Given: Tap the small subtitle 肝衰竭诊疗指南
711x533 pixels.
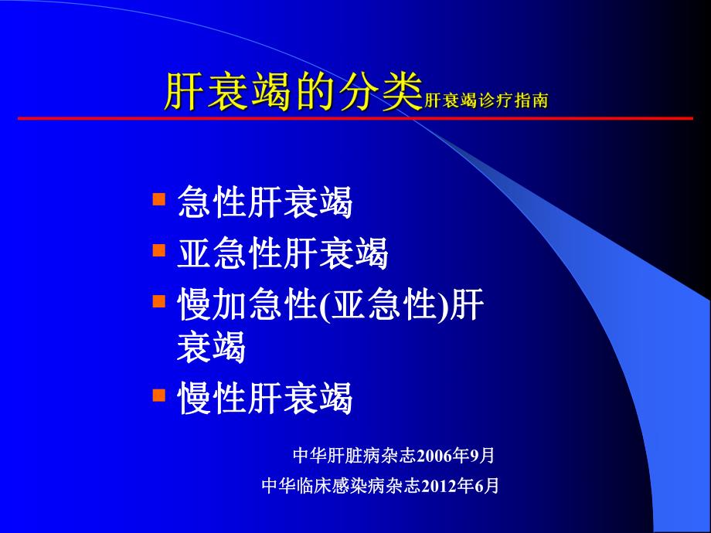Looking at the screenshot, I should [487, 100].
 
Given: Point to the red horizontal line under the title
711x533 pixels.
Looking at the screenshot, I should [355, 118].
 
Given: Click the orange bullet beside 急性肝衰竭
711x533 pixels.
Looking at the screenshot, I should [159, 199].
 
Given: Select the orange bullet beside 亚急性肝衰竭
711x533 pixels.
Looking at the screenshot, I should [159, 250].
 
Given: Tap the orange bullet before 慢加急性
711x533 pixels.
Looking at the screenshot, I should [159, 300].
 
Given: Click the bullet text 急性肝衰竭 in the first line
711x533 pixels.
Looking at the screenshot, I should [265, 202].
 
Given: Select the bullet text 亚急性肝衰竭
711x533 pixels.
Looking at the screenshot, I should [283, 253].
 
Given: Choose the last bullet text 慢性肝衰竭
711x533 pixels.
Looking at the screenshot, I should [265, 398].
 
